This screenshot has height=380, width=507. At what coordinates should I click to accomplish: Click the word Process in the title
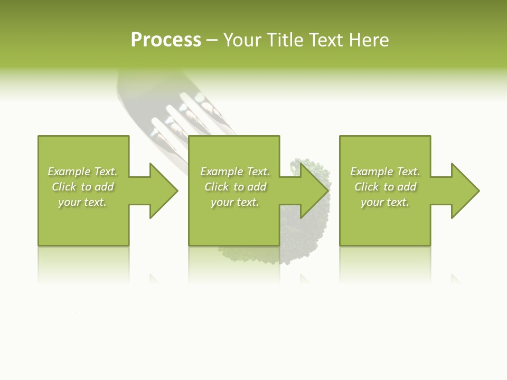(x=166, y=40)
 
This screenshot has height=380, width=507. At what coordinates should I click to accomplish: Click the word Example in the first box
(x=69, y=172)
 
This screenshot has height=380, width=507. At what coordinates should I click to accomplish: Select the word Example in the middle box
(x=222, y=172)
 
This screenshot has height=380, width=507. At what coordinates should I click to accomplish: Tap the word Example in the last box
(x=372, y=172)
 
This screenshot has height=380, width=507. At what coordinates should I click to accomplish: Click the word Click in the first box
(x=64, y=187)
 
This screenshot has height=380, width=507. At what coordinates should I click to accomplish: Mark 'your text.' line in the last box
(x=385, y=202)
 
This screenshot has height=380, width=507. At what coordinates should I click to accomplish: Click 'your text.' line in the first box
(x=82, y=202)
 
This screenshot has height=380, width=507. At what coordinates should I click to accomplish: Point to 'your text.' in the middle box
(x=235, y=202)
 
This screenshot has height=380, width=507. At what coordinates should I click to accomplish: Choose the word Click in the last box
(x=367, y=187)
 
